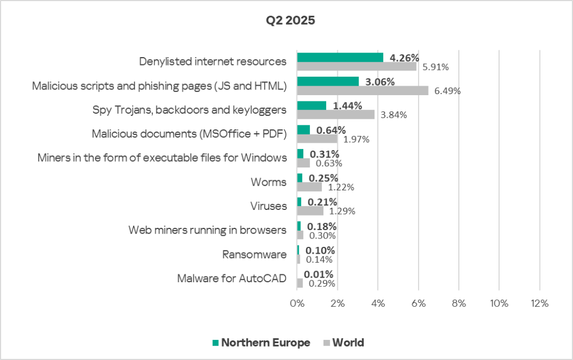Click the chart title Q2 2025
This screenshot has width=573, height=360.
[290, 21]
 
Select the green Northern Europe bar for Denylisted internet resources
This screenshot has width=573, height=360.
[340, 57]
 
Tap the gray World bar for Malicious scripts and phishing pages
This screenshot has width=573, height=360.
[362, 90]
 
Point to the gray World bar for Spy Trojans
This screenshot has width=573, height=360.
[335, 114]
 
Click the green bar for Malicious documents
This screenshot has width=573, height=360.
[303, 130]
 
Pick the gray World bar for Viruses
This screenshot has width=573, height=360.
[310, 211]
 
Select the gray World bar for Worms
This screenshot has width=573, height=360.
[309, 187]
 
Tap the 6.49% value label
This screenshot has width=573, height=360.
[447, 91]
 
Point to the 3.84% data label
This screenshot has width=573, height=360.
[393, 115]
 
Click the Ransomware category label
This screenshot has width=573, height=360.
[255, 255]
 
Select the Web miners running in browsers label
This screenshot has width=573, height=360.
[207, 230]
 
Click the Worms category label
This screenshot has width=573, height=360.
[269, 182]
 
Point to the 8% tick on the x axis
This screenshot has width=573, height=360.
[458, 303]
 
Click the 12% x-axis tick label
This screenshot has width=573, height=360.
[539, 303]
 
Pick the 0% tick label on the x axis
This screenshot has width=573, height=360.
[297, 303]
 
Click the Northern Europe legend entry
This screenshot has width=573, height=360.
[261, 343]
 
